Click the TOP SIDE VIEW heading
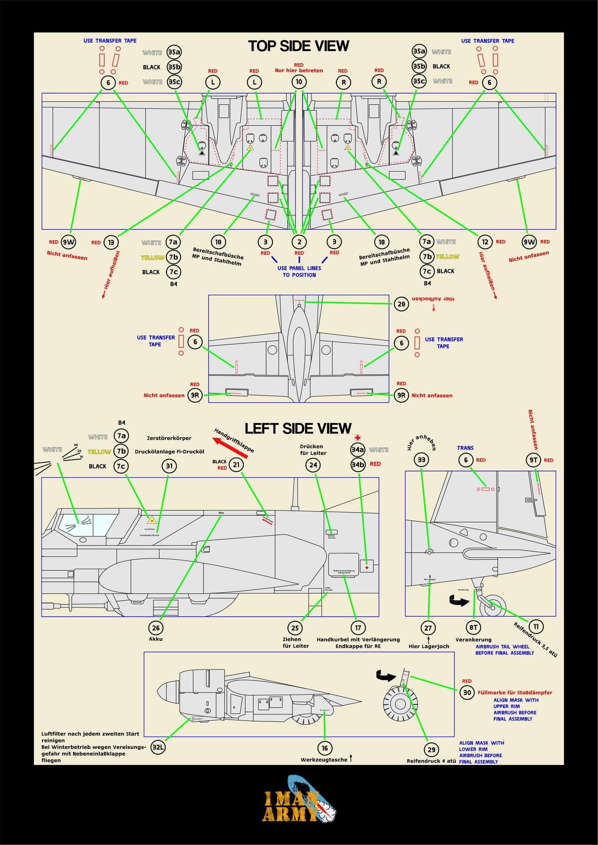tap(298, 46)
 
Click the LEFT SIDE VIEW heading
tap(298, 428)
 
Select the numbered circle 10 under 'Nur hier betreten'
tap(299, 81)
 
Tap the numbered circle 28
tap(401, 304)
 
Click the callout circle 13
tap(111, 242)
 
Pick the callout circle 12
tap(485, 242)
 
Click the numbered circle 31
tap(169, 466)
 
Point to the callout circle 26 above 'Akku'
tap(156, 628)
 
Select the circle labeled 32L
tap(158, 747)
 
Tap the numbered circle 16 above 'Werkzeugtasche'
tap(325, 748)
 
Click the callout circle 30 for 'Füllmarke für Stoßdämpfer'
tap(467, 692)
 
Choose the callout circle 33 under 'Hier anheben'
tap(421, 460)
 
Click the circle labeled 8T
tap(473, 627)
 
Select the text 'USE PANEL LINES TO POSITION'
tap(299, 271)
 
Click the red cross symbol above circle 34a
tap(358, 438)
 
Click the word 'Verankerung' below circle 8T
tap(473, 639)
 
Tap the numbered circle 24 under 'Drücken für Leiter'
tap(313, 465)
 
